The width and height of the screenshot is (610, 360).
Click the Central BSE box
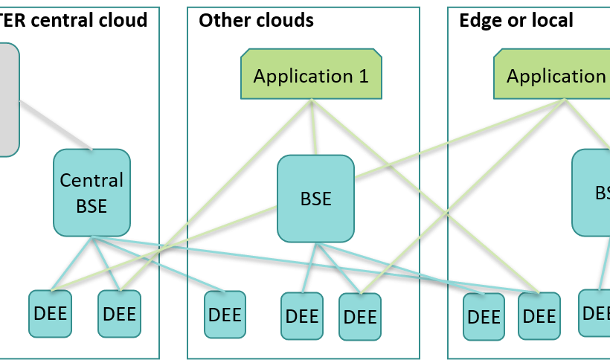tap(92, 193)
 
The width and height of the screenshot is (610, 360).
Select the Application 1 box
tap(311, 75)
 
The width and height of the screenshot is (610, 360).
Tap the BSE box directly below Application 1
tap(315, 199)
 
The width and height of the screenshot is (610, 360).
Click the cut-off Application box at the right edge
tap(555, 75)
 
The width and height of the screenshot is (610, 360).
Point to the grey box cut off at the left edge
tap(7, 99)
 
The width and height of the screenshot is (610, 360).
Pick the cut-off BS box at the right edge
tap(593, 193)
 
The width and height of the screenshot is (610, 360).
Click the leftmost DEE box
tap(51, 313)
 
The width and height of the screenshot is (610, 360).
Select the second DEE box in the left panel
tap(119, 313)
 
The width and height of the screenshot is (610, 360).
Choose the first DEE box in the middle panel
tap(225, 315)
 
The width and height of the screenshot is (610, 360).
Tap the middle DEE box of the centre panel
tap(302, 316)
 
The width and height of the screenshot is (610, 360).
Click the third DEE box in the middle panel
tap(360, 317)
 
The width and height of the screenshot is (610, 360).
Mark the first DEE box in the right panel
tap(484, 316)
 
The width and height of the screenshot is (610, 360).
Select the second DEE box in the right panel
tap(539, 316)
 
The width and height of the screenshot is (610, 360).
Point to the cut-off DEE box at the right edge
tap(595, 313)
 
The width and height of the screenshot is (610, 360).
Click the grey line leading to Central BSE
tap(56, 124)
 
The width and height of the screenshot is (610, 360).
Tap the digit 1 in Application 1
tap(363, 76)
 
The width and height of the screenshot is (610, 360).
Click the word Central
tap(91, 181)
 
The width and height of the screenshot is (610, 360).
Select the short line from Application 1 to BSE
tap(314, 127)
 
